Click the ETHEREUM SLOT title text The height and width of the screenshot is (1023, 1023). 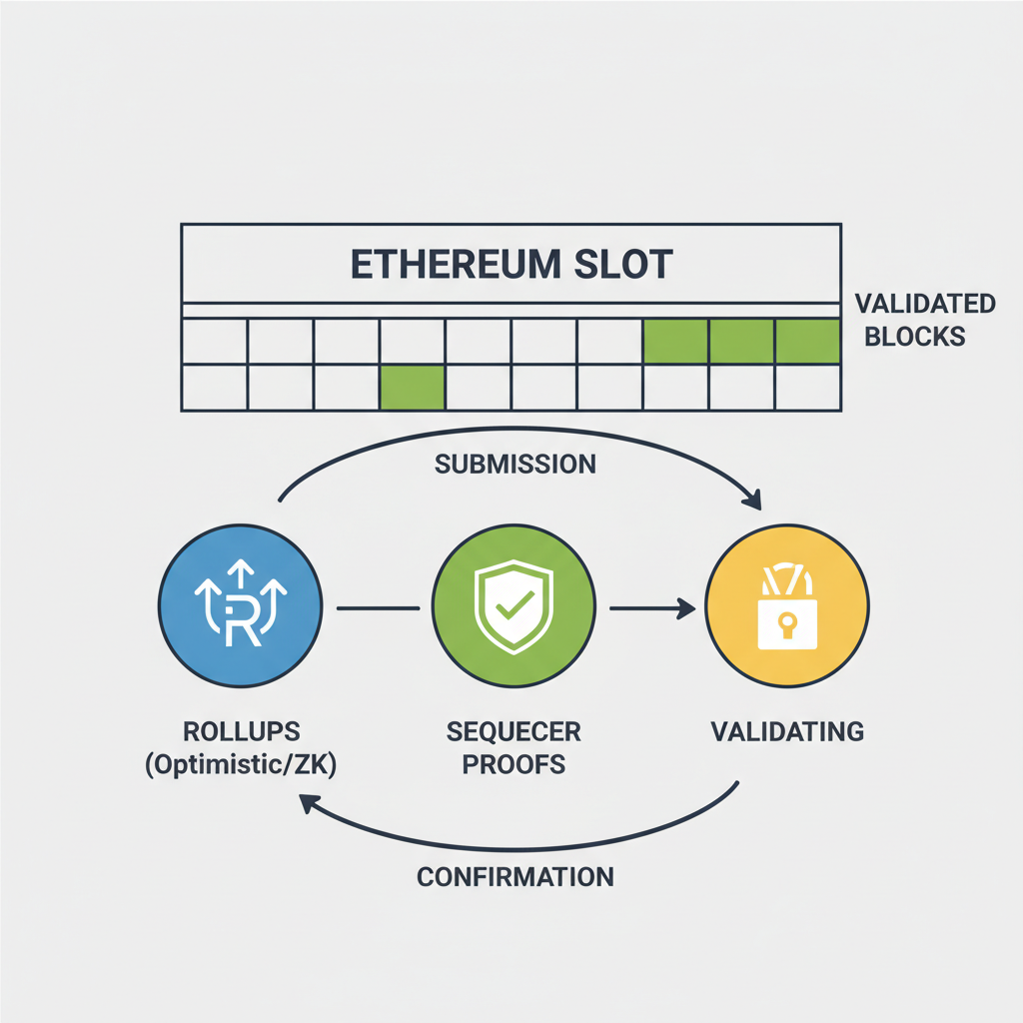coord(511,264)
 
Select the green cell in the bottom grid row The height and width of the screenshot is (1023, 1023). coord(412,388)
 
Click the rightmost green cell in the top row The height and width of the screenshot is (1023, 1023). coord(807,342)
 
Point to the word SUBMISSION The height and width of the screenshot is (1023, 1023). coord(516,464)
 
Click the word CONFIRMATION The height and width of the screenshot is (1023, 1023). coord(514,877)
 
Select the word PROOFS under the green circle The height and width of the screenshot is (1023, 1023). coord(513,765)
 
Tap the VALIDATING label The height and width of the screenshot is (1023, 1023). coord(787,731)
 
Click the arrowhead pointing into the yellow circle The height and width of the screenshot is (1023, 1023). coord(686,606)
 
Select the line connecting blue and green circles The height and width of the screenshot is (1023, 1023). coord(378,606)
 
